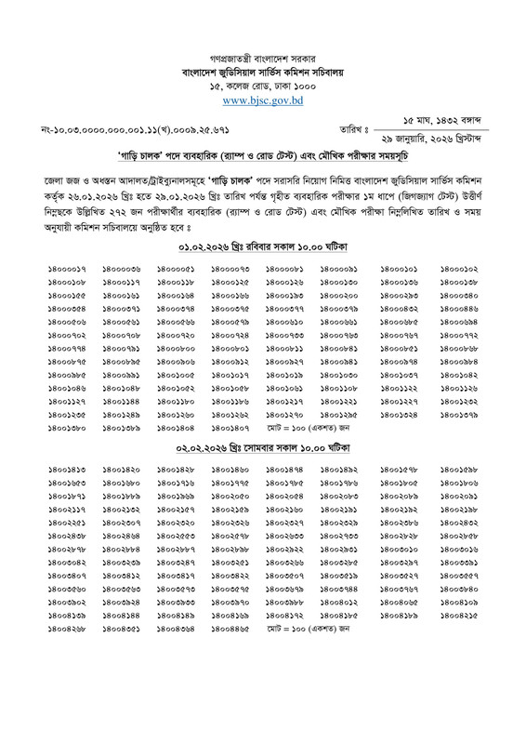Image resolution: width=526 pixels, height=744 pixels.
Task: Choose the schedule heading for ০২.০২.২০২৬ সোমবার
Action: point(263,446)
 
